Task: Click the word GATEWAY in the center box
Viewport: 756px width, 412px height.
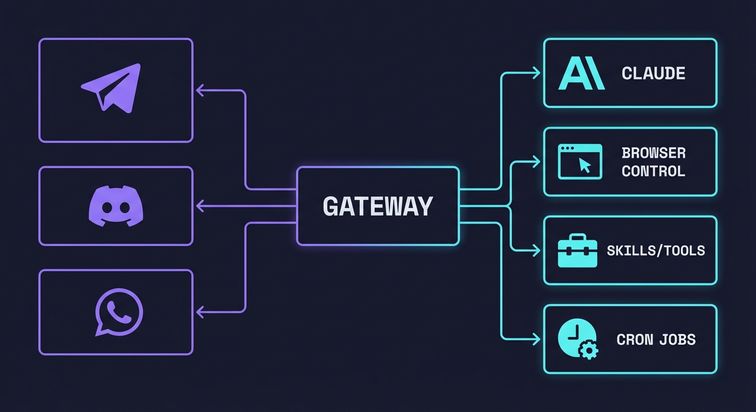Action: pyautogui.click(x=377, y=206)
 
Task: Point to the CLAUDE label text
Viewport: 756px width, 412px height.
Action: pyautogui.click(x=653, y=73)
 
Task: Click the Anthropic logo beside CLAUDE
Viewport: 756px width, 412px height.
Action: pyautogui.click(x=581, y=73)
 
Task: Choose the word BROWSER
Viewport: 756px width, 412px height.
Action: pyautogui.click(x=653, y=153)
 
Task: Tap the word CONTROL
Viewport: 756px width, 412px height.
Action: pyautogui.click(x=653, y=171)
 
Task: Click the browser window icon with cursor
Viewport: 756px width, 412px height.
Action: pyautogui.click(x=580, y=161)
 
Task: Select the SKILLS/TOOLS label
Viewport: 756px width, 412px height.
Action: pyautogui.click(x=656, y=250)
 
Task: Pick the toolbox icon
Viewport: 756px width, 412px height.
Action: pyautogui.click(x=578, y=251)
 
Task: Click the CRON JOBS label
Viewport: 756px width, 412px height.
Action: pyautogui.click(x=656, y=339)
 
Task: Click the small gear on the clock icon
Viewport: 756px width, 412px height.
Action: pyautogui.click(x=589, y=351)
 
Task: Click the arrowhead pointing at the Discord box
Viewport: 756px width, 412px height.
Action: pyautogui.click(x=200, y=205)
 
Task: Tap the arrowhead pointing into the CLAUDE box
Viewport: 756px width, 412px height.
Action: pyautogui.click(x=536, y=73)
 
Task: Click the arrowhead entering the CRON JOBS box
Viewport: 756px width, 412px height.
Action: pyautogui.click(x=536, y=339)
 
